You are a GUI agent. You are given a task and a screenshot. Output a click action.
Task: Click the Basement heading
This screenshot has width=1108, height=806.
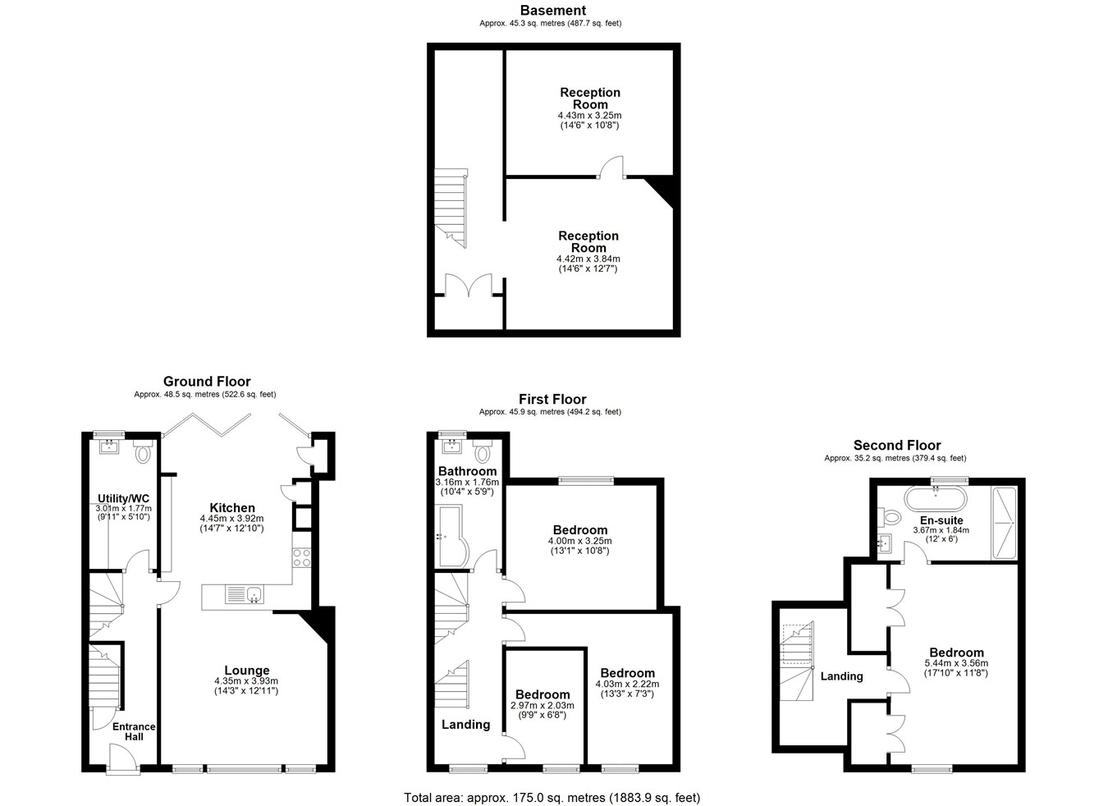tap(553, 11)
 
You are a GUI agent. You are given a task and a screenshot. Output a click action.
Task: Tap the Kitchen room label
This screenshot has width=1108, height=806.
tap(232, 507)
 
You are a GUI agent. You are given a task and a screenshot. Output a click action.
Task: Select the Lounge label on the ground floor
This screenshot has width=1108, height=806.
tap(247, 670)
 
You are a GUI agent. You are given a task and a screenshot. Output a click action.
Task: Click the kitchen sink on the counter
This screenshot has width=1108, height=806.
tap(245, 593)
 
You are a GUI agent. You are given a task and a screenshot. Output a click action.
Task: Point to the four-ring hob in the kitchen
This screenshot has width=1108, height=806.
tap(302, 557)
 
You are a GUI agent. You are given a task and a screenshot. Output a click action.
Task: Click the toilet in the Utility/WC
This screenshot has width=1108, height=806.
tap(143, 451)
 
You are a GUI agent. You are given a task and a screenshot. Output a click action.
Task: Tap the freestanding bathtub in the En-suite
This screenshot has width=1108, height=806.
tap(935, 499)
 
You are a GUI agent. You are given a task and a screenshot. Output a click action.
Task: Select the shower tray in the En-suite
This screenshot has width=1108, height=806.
tap(1004, 523)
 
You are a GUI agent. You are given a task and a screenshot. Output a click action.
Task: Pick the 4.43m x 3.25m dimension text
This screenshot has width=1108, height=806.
tap(589, 115)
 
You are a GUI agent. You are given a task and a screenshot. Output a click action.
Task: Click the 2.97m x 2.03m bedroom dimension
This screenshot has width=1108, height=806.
tap(543, 706)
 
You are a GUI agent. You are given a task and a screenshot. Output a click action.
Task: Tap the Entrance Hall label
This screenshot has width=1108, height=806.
tap(134, 732)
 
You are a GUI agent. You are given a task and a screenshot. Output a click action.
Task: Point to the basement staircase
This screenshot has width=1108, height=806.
tap(450, 208)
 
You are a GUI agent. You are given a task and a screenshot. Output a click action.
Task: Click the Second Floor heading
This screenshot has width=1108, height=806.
tap(897, 445)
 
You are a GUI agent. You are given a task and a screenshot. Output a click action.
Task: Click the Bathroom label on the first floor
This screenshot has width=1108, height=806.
tap(467, 471)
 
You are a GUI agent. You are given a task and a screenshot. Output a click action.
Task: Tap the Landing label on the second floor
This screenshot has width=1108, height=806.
tap(841, 675)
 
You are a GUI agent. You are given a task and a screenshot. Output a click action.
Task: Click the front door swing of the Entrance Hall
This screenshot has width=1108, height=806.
tap(123, 758)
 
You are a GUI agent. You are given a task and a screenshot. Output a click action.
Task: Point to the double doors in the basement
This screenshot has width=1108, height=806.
tap(469, 285)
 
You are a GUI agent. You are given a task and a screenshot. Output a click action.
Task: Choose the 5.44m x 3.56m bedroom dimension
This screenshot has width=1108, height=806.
tap(956, 663)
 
